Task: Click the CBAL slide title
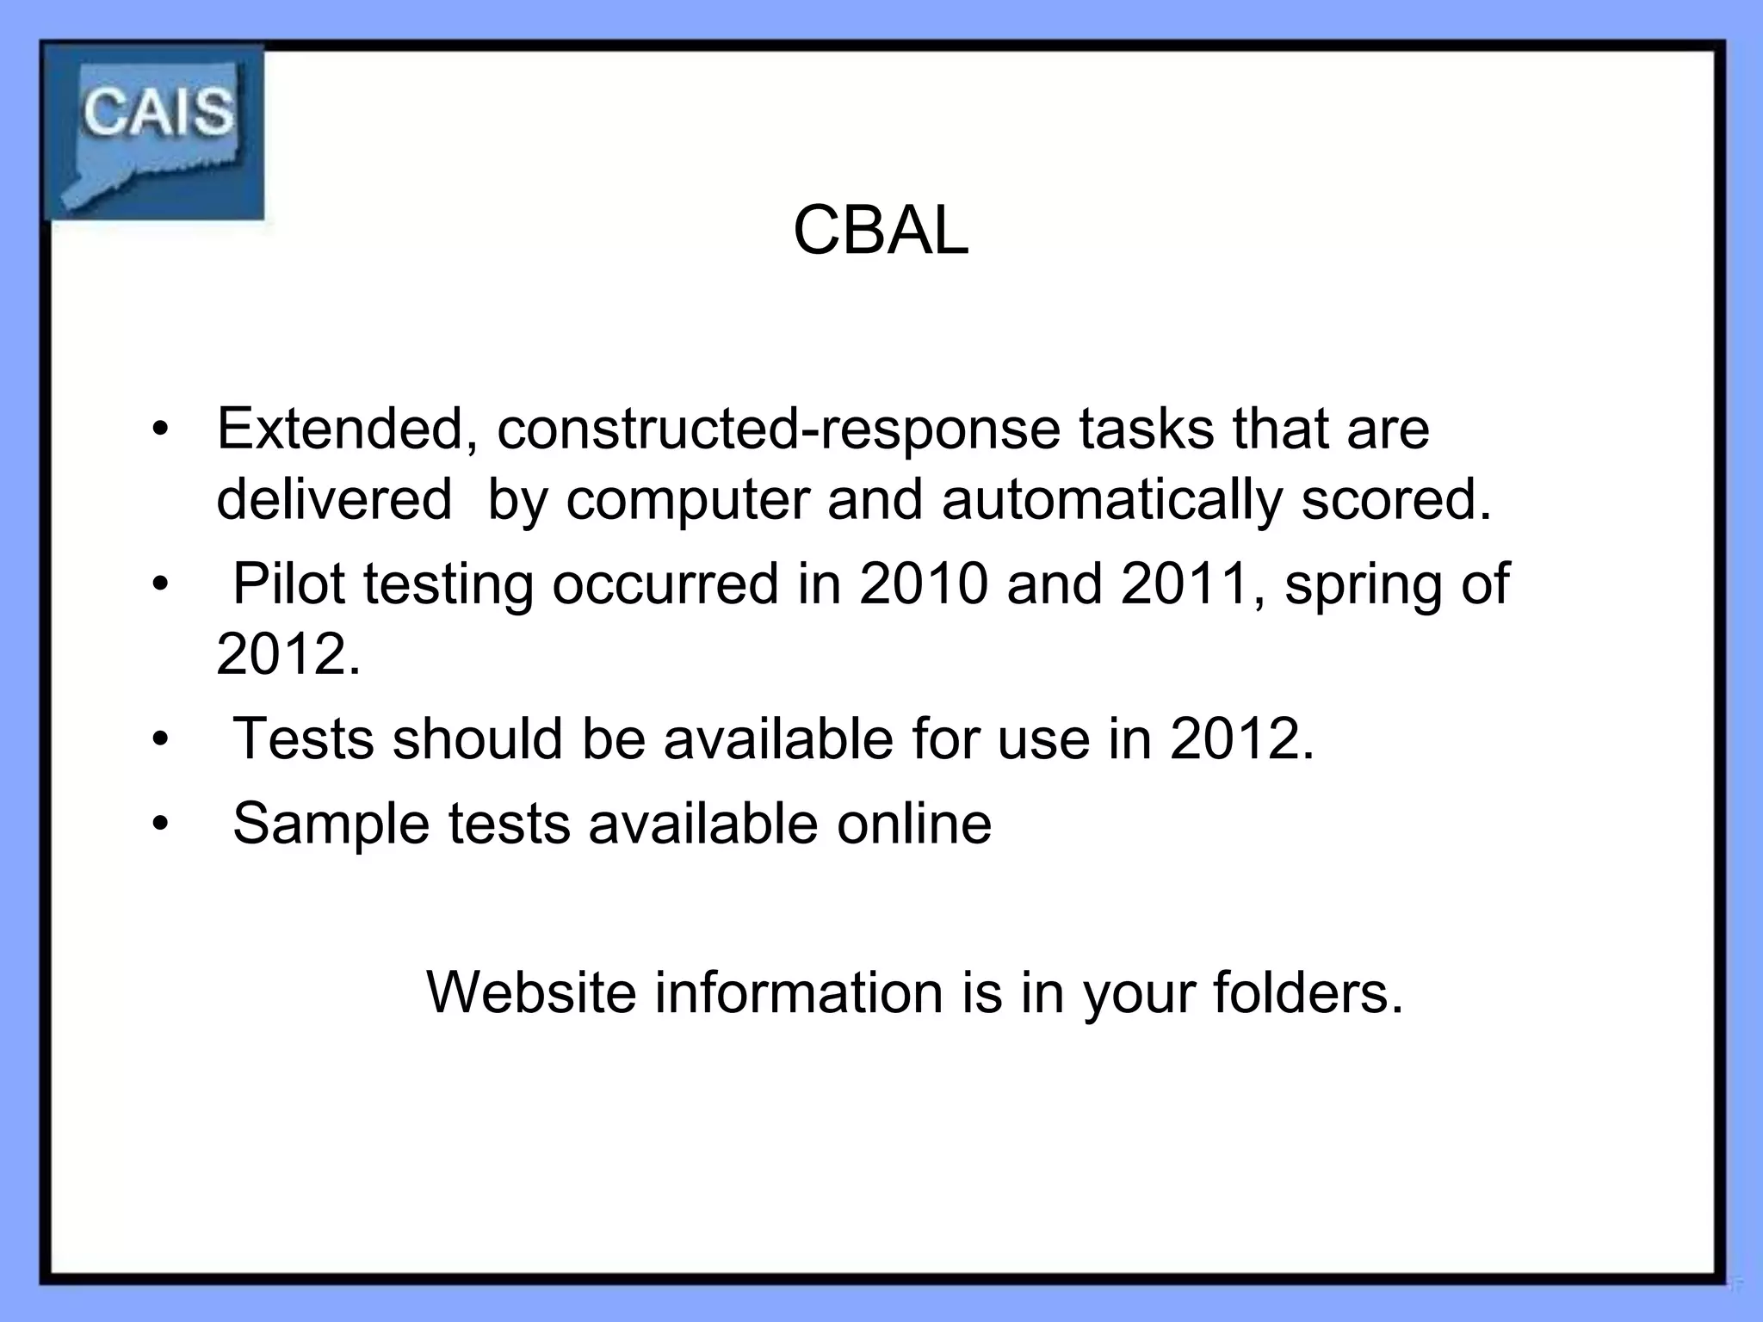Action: (881, 231)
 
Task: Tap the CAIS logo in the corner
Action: (155, 131)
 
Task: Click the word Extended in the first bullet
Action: (339, 429)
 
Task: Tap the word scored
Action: (1395, 499)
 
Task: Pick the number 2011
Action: (1186, 584)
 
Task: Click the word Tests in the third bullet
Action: (303, 738)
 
